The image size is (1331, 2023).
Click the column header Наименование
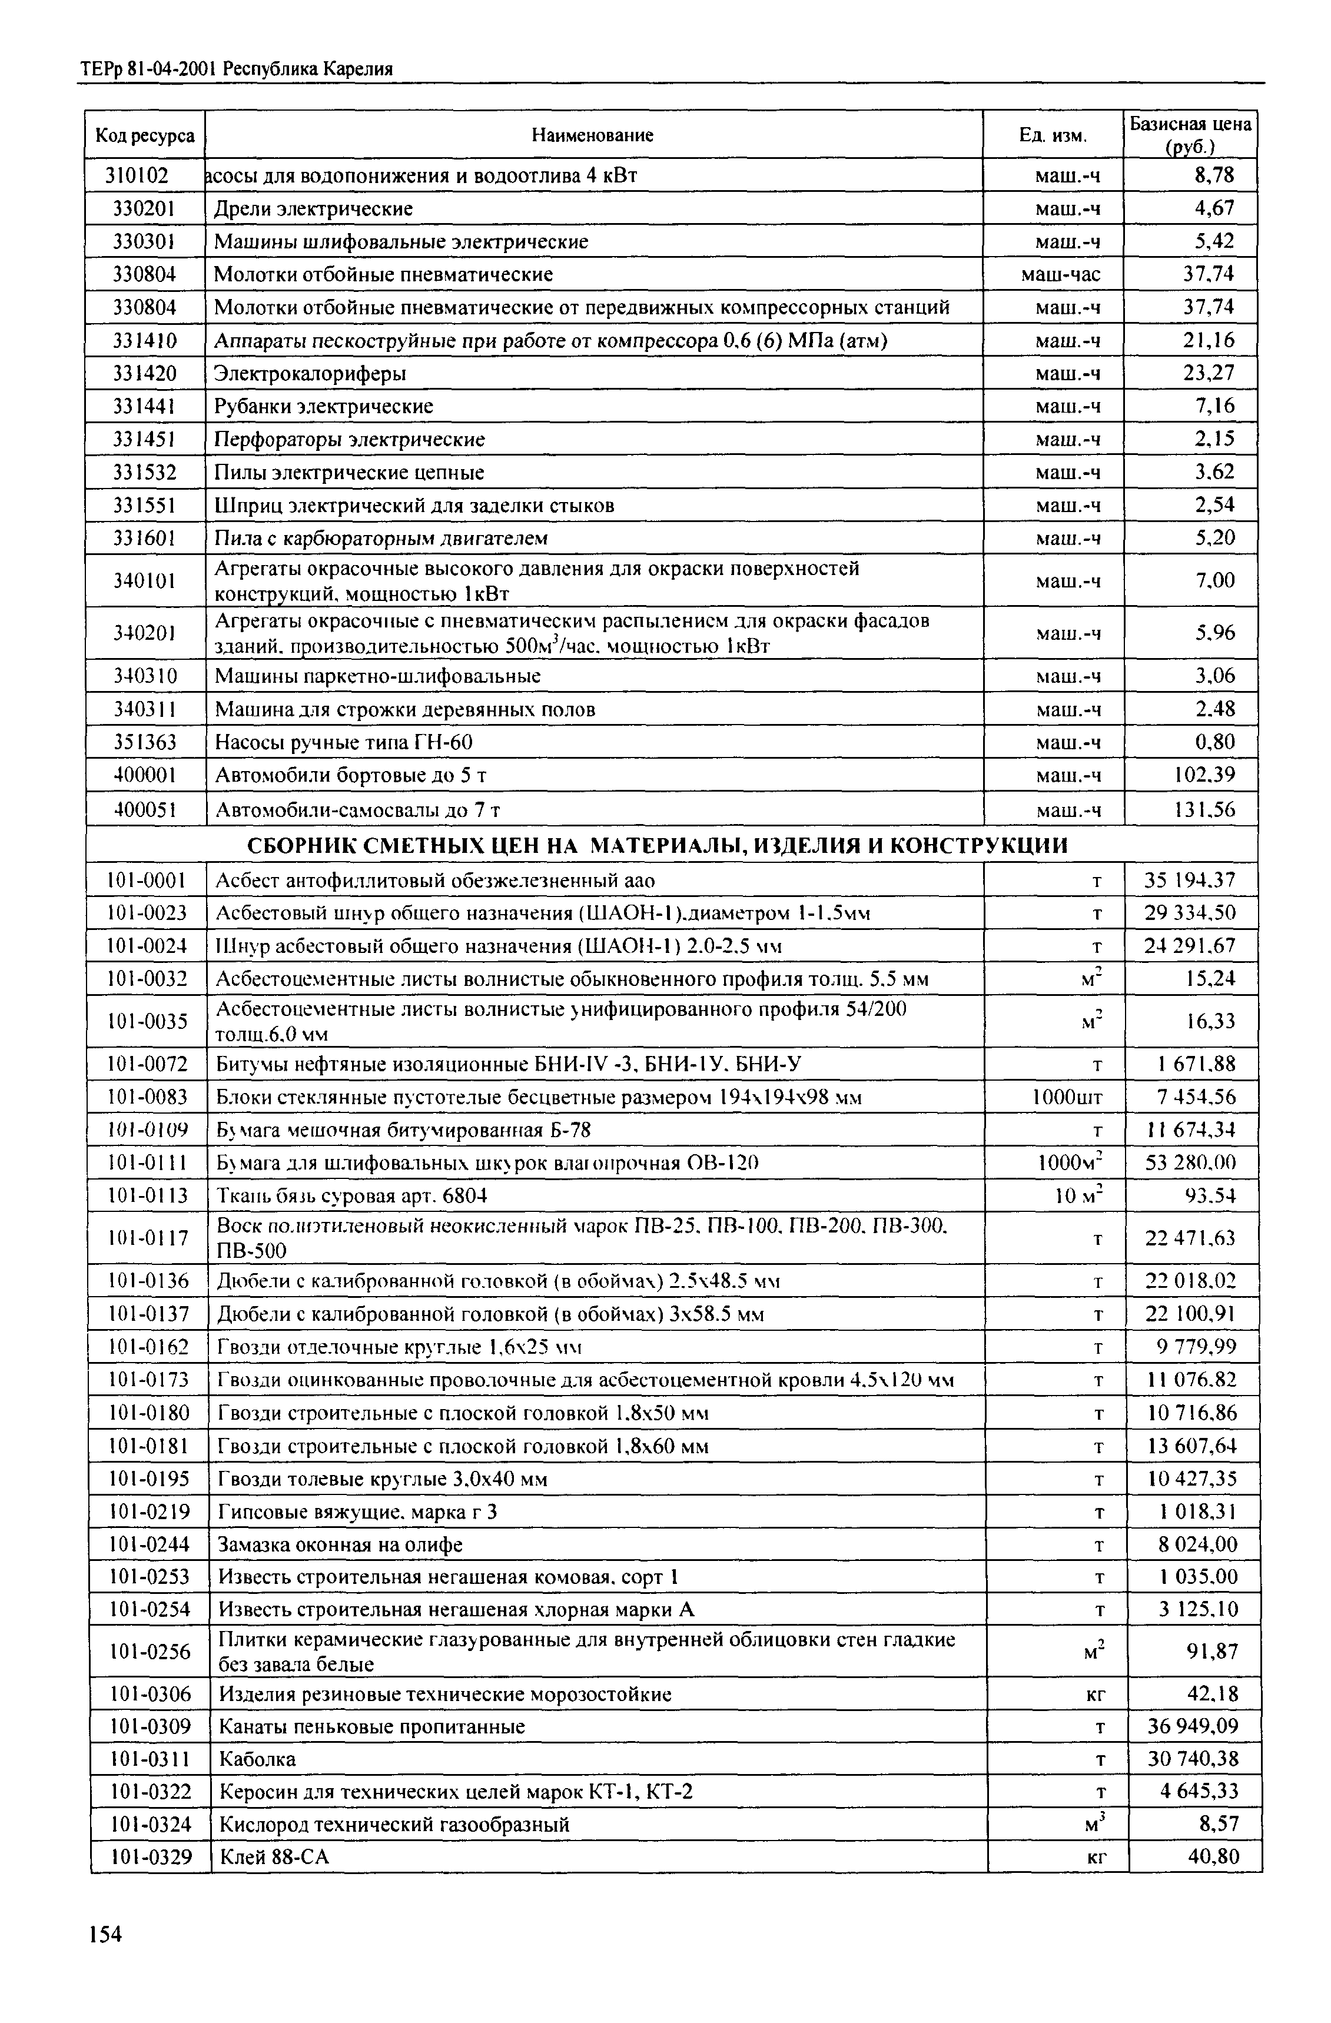(592, 134)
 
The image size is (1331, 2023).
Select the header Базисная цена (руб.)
(1190, 134)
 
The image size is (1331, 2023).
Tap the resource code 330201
(144, 208)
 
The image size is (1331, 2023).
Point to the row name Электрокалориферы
(310, 373)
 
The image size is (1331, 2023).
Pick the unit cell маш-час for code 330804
(1060, 274)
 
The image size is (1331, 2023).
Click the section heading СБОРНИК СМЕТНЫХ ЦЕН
(657, 846)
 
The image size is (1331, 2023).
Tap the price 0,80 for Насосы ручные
(1214, 743)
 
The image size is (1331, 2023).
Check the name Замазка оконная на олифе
(341, 1544)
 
